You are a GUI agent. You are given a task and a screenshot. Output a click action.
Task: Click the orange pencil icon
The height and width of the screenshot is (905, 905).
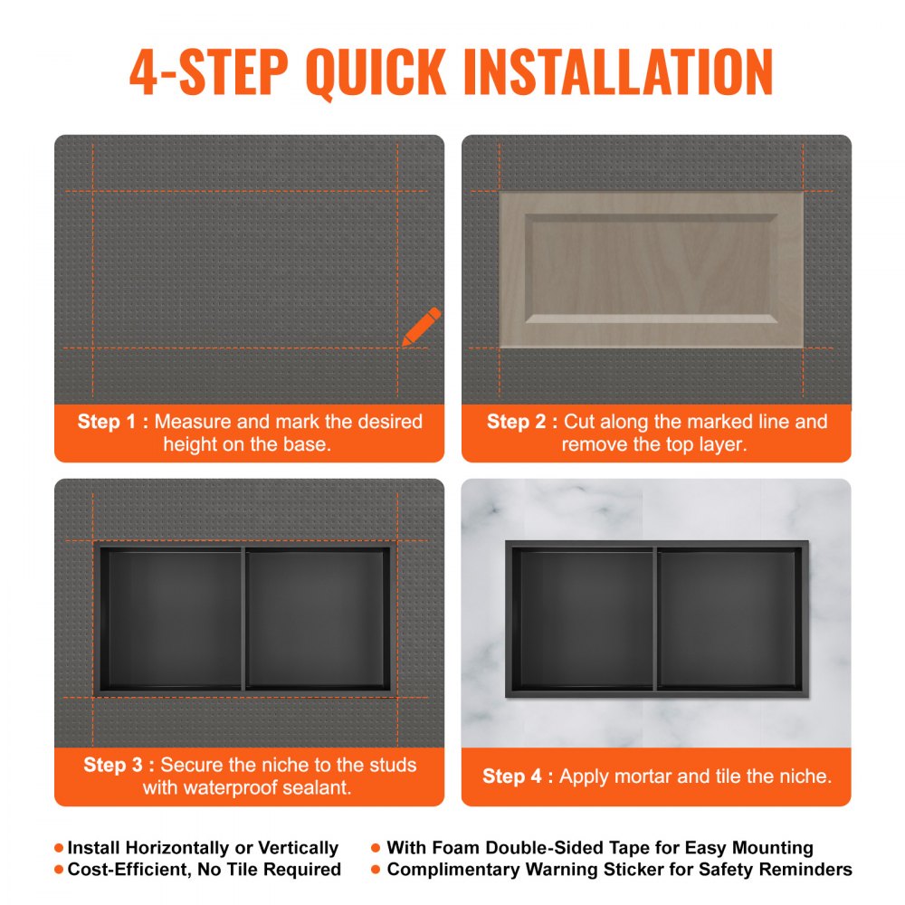[x=422, y=326]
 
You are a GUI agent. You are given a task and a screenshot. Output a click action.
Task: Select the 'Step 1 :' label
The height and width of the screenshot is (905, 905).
[x=112, y=421]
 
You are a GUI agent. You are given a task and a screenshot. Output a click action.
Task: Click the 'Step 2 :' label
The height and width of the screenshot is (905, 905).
[x=521, y=421]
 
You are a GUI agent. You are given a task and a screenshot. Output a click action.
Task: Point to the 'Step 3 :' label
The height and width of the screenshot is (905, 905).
[x=119, y=765]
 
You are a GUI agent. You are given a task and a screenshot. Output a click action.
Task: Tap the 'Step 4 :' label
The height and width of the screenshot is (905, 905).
[x=517, y=776]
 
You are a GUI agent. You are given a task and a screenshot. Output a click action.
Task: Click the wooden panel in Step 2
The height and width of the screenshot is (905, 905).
[x=651, y=269]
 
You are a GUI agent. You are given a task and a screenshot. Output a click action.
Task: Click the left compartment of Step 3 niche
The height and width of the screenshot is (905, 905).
[x=171, y=620]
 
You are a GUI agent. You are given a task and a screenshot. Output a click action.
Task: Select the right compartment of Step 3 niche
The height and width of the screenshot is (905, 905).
[x=318, y=620]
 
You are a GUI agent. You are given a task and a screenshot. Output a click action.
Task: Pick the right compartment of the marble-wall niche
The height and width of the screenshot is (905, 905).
[x=729, y=620]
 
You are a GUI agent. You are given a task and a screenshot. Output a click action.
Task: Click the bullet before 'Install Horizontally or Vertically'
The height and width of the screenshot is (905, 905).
[x=60, y=848]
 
